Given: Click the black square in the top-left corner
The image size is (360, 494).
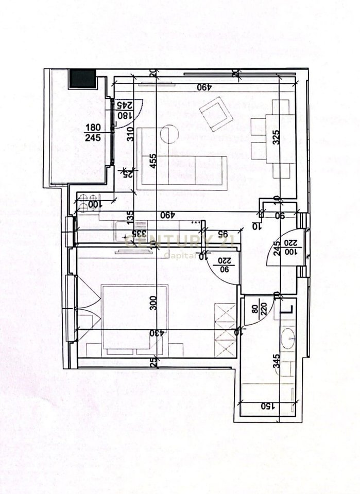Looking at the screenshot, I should coord(83,78).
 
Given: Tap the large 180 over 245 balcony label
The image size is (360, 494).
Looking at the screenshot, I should coord(93,132).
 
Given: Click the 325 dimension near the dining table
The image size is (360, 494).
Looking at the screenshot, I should coord(276,136).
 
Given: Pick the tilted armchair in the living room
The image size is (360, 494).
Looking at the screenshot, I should coord(215,114).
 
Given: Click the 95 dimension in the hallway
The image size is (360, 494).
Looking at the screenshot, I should coord(224,234).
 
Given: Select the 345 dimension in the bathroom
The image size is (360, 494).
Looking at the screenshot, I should coord(277,359).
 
